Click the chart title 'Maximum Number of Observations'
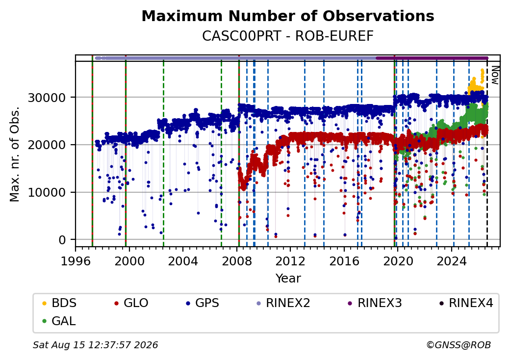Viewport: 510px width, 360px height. (288, 16)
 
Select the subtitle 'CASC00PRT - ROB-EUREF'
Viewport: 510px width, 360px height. (288, 36)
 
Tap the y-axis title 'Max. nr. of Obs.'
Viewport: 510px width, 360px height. (15, 154)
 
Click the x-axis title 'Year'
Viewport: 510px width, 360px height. (288, 279)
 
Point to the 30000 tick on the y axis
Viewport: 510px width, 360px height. (47, 98)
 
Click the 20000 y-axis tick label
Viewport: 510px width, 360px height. (47, 145)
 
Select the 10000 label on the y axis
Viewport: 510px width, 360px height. (47, 193)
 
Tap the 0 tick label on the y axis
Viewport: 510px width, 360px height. (62, 240)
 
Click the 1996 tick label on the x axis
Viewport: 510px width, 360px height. (76, 261)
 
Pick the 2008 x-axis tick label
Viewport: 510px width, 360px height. (237, 261)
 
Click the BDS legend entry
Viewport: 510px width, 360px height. (59, 303)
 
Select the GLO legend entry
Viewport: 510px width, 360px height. (131, 303)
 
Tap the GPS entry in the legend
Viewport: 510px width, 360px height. (203, 303)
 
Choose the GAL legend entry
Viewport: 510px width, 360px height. (59, 321)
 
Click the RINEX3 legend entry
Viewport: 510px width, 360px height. (375, 303)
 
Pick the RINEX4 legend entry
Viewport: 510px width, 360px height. (466, 303)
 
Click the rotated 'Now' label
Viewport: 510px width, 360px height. (495, 75)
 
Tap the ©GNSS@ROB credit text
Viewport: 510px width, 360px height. (459, 345)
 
